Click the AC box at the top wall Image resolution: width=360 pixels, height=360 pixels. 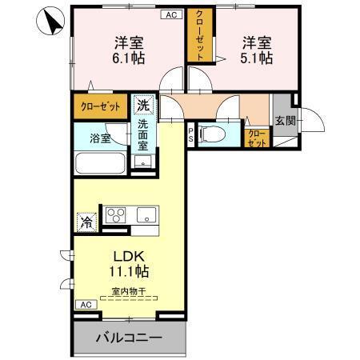point(171,14)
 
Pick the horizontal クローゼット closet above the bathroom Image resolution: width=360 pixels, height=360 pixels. point(100,106)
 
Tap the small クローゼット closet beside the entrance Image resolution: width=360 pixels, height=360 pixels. point(256,138)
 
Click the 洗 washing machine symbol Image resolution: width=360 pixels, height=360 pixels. point(142,104)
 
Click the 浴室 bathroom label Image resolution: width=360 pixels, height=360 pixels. point(99,138)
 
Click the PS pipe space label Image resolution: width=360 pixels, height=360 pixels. point(190,134)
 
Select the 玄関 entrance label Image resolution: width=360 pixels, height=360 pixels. point(285,120)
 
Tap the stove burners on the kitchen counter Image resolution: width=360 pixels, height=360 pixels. point(117,214)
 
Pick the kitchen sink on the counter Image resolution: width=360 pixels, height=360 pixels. point(147,214)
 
